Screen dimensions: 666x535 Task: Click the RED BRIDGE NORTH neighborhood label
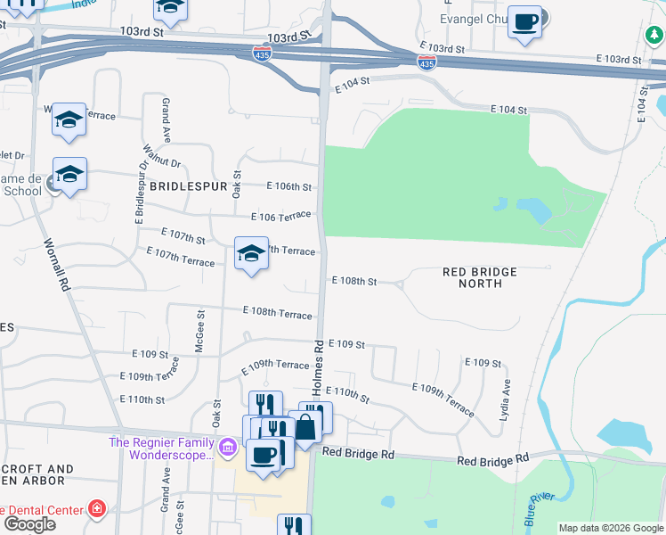coord(479,277)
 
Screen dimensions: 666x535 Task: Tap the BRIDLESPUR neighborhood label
coord(184,186)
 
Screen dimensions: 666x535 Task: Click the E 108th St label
coord(353,281)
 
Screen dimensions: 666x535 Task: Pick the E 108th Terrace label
coord(278,314)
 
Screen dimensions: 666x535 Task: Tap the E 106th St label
coord(289,186)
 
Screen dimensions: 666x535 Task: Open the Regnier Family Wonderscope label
coord(163,448)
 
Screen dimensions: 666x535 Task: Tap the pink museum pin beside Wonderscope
coord(229,445)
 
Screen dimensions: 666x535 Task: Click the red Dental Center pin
coord(97,510)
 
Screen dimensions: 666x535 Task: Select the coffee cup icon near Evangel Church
coord(525,21)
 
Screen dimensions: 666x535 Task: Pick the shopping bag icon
coord(305,425)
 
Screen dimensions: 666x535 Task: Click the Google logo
coord(28,524)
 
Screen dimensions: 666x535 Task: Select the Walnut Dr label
coord(164,163)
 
